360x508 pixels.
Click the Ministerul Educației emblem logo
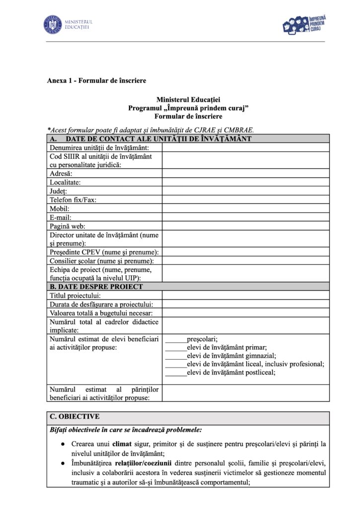click(x=52, y=24)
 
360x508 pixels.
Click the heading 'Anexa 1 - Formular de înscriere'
click(x=96, y=80)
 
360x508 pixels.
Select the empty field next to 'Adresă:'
click(x=245, y=174)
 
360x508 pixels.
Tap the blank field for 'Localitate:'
click(x=245, y=182)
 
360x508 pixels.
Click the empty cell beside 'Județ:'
click(x=245, y=191)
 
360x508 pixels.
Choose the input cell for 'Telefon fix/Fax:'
click(x=245, y=200)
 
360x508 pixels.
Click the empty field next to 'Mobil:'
click(x=245, y=209)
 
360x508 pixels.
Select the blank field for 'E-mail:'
click(x=245, y=217)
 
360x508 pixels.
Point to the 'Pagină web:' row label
click(x=68, y=226)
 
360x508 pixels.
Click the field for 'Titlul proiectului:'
click(x=245, y=295)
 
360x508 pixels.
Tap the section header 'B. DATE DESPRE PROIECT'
click(x=95, y=287)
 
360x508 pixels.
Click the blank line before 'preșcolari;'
click(x=175, y=339)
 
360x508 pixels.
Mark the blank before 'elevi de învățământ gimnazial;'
click(x=175, y=356)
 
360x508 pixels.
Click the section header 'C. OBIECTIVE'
click(x=74, y=417)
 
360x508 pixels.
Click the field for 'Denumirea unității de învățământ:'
click(x=245, y=147)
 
